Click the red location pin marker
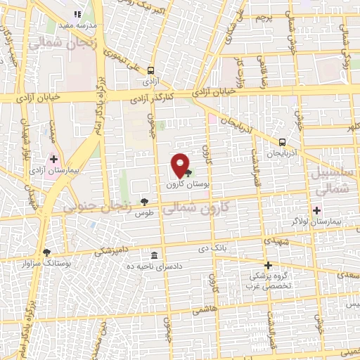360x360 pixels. (180, 165)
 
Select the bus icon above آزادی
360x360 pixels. (151, 70)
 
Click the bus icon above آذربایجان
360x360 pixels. (282, 140)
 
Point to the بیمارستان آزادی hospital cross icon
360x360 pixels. (53, 159)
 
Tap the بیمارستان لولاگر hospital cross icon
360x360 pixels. (316, 210)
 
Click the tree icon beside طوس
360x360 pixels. (144, 202)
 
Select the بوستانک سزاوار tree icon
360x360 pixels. (47, 252)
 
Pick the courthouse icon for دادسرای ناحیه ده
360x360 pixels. (154, 255)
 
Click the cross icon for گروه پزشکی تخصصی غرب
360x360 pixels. (268, 266)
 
